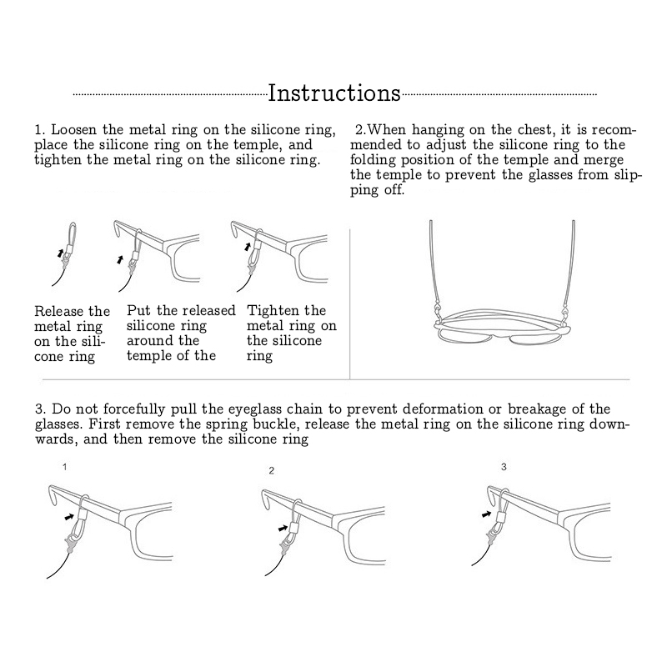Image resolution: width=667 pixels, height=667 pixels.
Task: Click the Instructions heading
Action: (334, 93)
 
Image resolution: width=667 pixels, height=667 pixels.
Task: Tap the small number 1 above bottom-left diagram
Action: (65, 467)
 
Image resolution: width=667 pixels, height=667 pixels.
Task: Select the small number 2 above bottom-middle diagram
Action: (272, 471)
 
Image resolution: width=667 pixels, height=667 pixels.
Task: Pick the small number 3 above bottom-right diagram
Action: (504, 467)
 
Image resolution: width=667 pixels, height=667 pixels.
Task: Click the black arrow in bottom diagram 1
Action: (68, 517)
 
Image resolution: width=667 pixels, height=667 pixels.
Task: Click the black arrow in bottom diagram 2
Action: (283, 528)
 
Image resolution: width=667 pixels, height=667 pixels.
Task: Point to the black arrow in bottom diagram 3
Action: (487, 514)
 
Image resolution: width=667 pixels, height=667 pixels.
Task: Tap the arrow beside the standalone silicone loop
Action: (61, 253)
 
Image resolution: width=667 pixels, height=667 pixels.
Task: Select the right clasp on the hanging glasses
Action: (565, 314)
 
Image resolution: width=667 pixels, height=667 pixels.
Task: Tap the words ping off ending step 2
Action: (378, 190)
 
